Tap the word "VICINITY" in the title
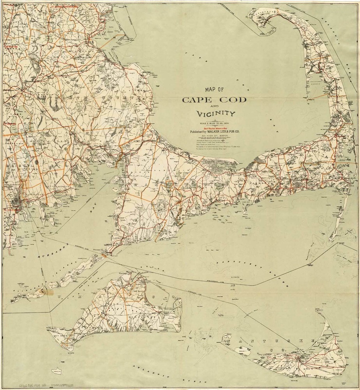pyautogui.click(x=215, y=114)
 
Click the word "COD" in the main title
pyautogui.click(x=230, y=100)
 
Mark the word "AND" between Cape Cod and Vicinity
pyautogui.click(x=215, y=107)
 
